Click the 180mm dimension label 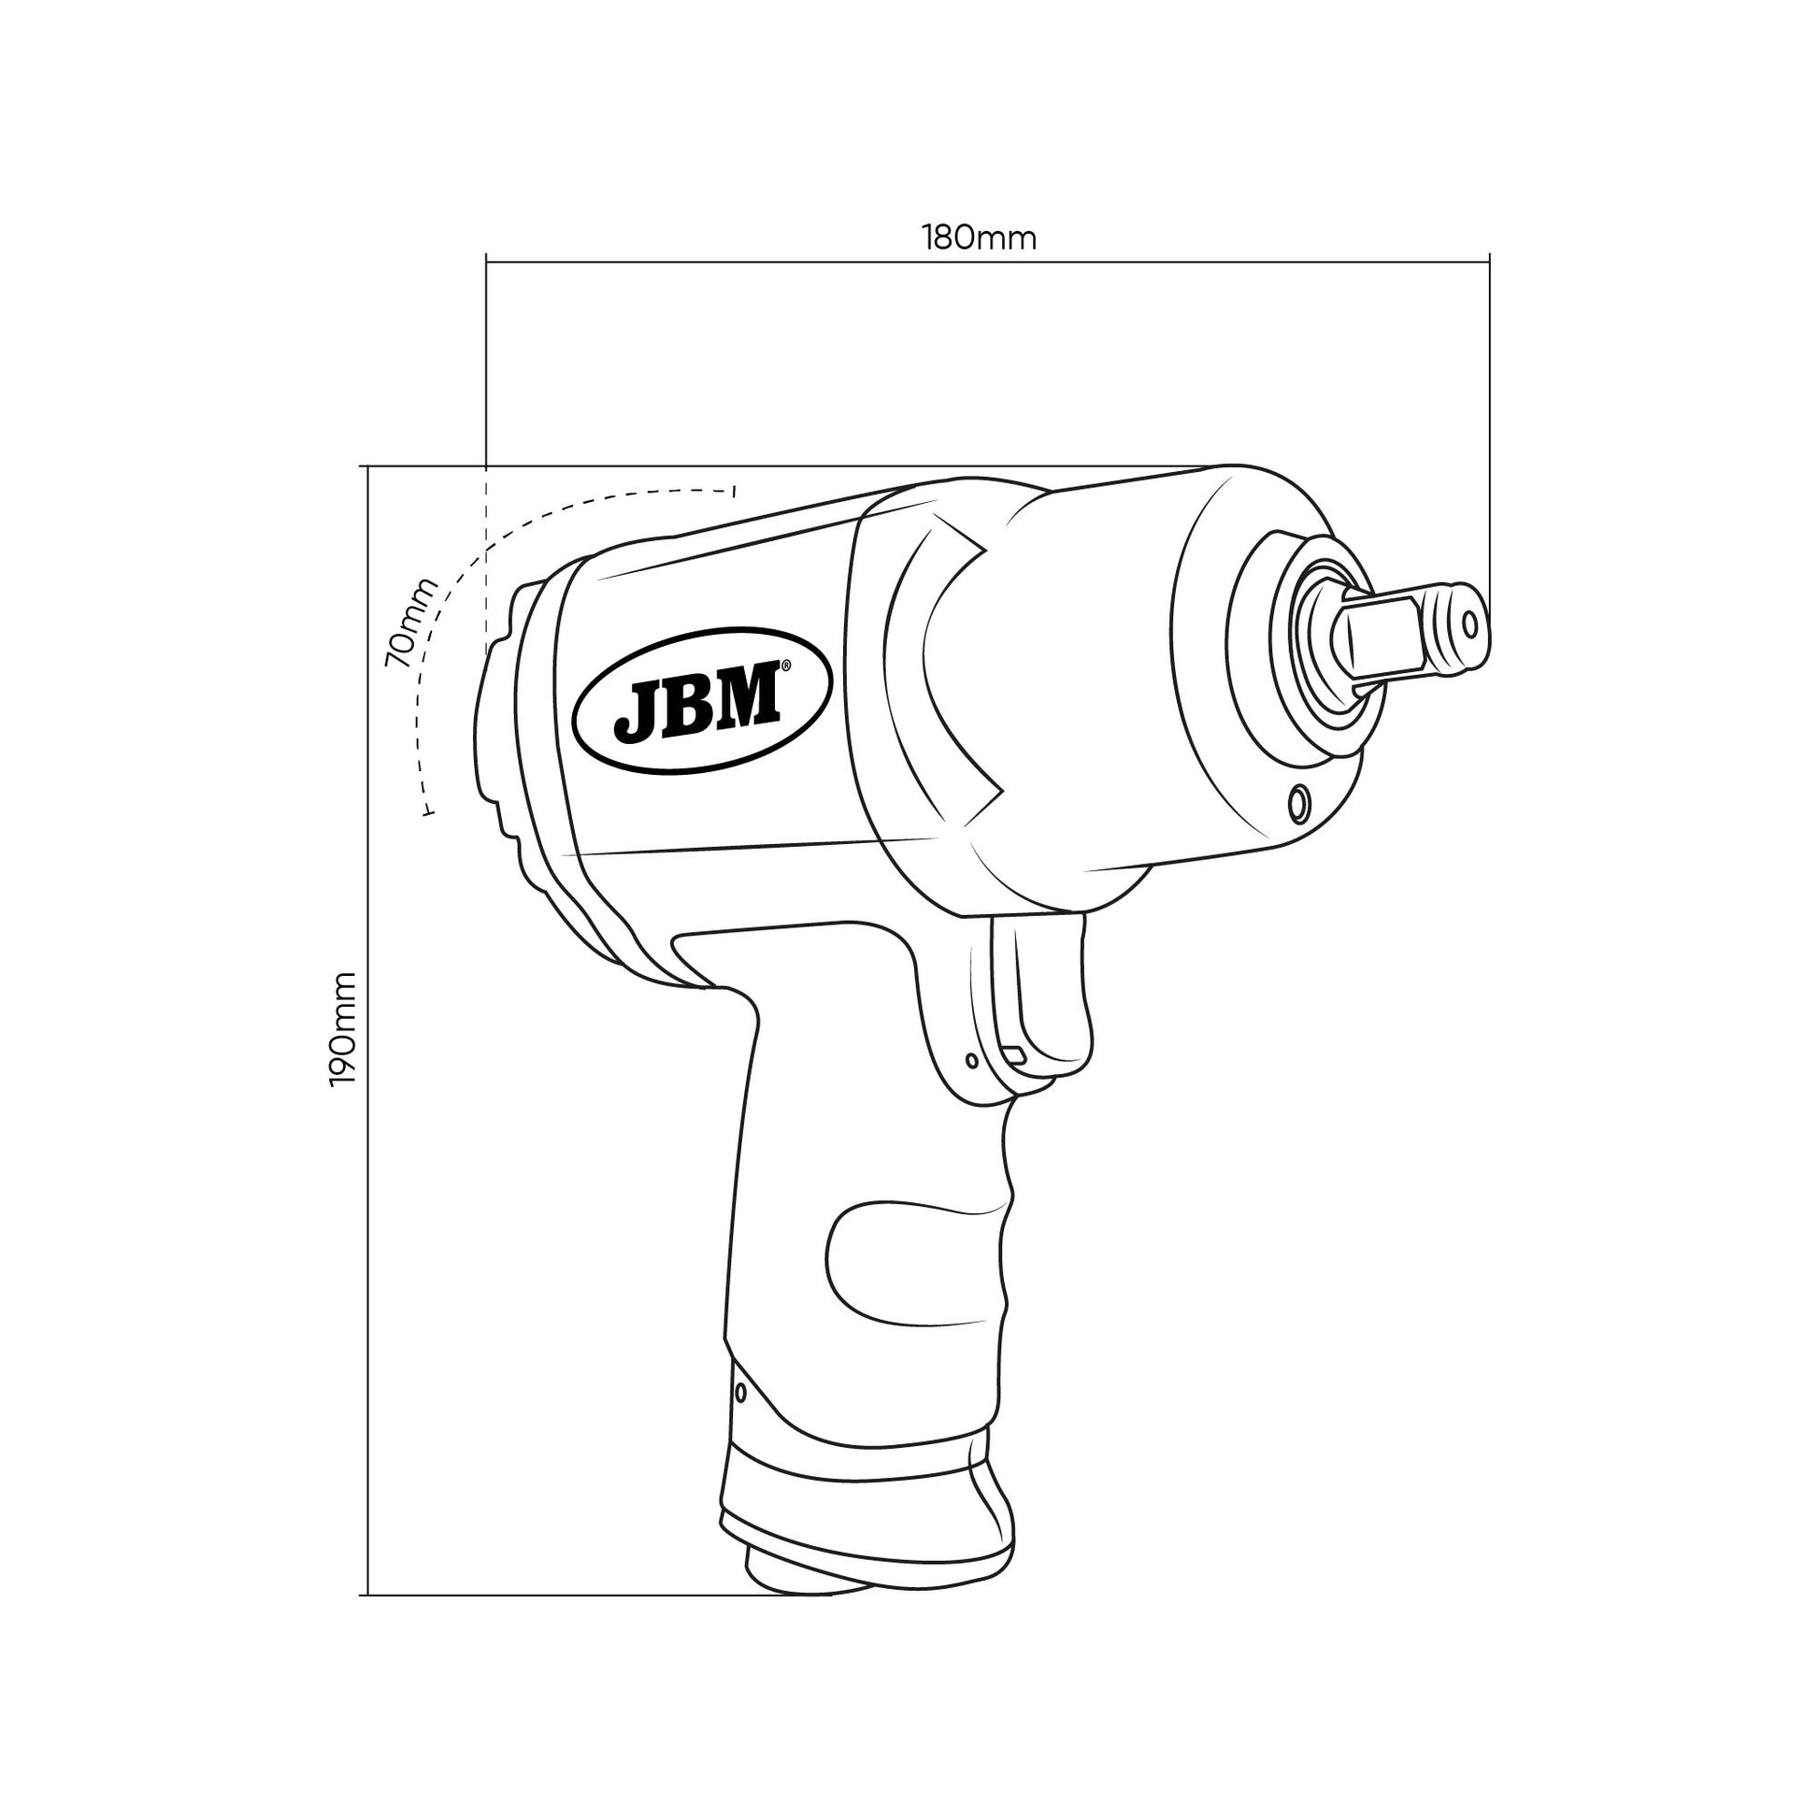click(980, 238)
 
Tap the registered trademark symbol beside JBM click(786, 666)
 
